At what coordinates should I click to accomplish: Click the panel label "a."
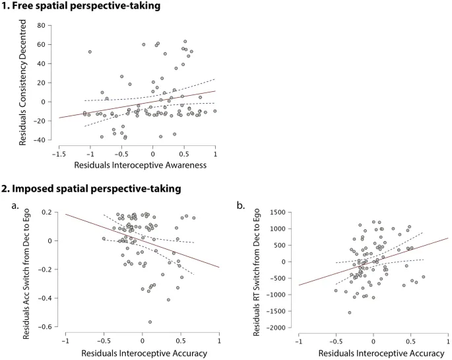tap(14, 206)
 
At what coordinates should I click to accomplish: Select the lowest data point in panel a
tap(150, 322)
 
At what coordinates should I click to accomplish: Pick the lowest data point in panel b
tap(350, 312)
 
